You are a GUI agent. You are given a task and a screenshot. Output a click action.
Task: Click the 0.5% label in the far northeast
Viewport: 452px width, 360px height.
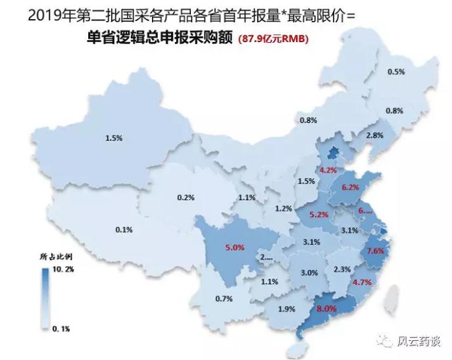click(x=396, y=72)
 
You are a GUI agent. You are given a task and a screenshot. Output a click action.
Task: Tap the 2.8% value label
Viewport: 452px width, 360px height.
click(x=375, y=135)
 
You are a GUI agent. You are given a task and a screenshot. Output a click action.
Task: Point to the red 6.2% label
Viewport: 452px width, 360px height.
click(x=351, y=187)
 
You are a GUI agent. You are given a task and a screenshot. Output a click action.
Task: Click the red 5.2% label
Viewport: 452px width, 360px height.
click(x=318, y=215)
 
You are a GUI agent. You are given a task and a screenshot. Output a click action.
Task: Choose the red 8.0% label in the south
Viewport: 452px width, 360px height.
click(x=327, y=307)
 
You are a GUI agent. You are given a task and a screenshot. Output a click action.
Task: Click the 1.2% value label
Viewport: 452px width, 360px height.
click(x=284, y=209)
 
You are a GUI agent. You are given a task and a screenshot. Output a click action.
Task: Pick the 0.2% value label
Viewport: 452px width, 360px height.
click(x=186, y=197)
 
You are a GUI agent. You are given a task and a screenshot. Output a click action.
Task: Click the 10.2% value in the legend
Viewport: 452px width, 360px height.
click(x=62, y=270)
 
